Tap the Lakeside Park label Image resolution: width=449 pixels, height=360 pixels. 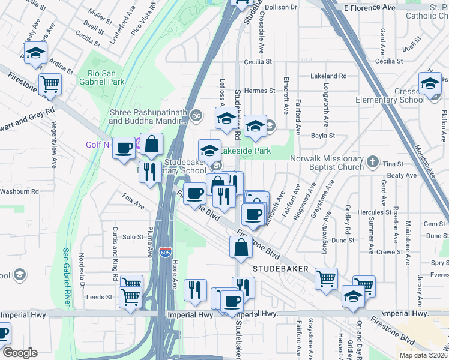(x=247, y=150)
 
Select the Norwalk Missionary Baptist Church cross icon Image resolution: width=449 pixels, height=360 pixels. (x=373, y=161)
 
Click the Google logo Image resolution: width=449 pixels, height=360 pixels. (x=20, y=352)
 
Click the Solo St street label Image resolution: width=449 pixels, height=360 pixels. (x=133, y=237)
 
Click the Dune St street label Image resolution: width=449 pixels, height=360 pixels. (x=343, y=239)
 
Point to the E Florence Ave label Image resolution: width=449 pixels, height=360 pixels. (x=370, y=7)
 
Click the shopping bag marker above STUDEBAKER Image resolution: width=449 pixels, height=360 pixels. (x=241, y=247)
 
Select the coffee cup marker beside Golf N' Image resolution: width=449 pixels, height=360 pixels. (x=124, y=148)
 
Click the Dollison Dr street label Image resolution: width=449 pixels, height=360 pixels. (x=280, y=7)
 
